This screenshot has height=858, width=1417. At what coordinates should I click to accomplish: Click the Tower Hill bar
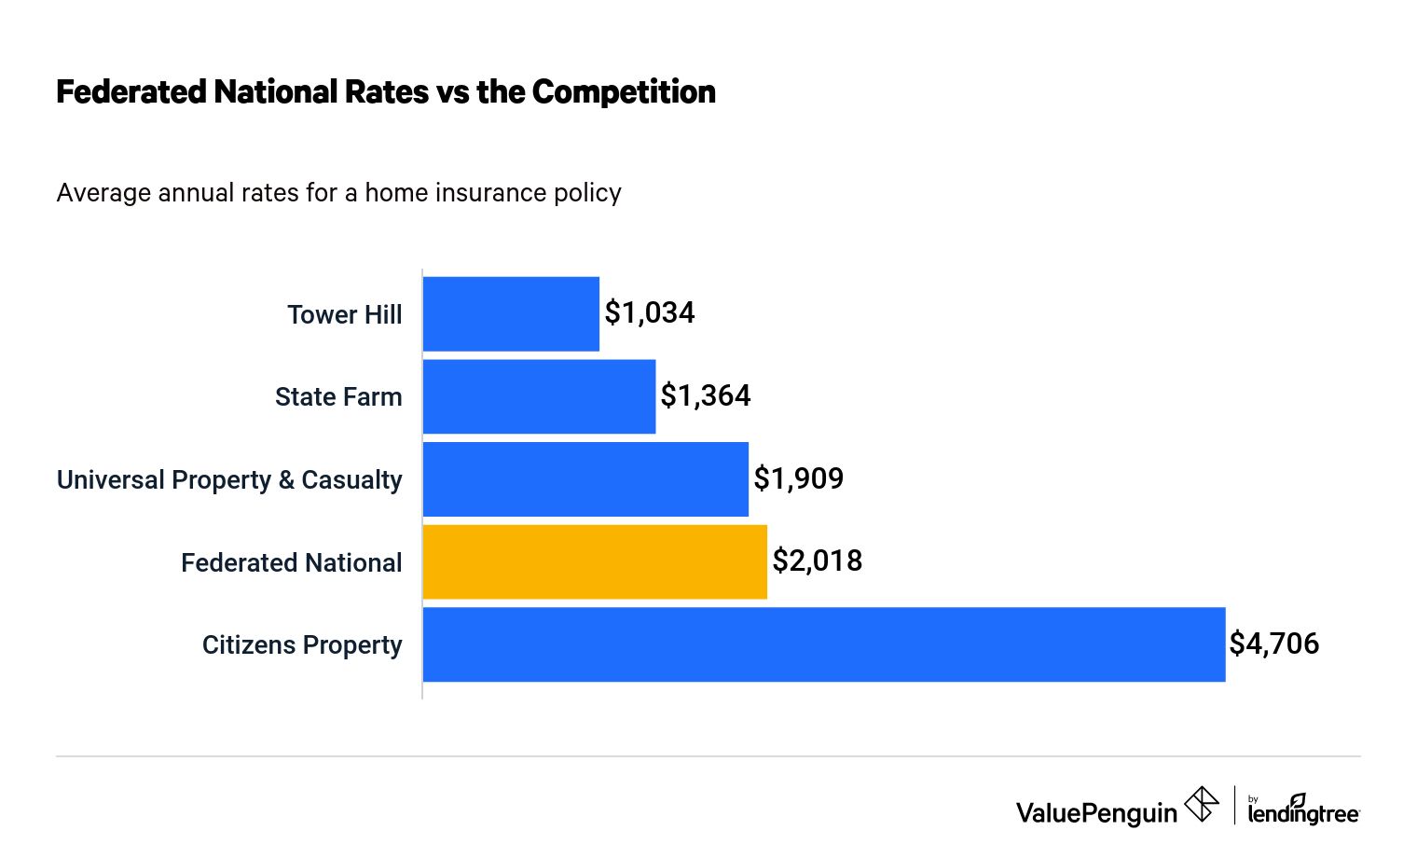(511, 314)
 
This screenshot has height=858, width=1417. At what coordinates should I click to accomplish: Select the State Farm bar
(539, 396)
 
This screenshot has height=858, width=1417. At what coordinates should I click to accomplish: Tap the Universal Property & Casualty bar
(585, 479)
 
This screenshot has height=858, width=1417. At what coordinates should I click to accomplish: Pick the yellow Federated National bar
(595, 561)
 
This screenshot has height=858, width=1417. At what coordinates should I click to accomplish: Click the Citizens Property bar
(824, 644)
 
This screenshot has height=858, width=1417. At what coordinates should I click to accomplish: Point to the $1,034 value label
(650, 312)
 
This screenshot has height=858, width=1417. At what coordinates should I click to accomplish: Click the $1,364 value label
(706, 395)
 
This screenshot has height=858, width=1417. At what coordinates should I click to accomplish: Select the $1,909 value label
(799, 478)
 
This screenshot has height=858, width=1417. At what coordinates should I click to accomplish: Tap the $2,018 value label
(818, 560)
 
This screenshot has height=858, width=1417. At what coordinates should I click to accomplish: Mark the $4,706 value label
(1274, 643)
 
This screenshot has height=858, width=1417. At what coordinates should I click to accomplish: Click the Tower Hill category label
(345, 315)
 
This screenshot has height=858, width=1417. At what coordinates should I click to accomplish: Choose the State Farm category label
(338, 397)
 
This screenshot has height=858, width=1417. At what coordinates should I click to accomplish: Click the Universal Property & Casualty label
(229, 480)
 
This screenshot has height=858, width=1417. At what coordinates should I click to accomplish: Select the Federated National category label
(292, 563)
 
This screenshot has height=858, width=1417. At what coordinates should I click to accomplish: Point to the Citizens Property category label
(302, 645)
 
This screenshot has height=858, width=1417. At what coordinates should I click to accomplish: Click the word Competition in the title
(624, 92)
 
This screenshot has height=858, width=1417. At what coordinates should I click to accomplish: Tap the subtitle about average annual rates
(338, 193)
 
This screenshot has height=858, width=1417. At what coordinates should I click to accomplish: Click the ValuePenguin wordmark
(1096, 813)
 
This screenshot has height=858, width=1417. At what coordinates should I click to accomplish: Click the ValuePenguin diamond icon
(1202, 804)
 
